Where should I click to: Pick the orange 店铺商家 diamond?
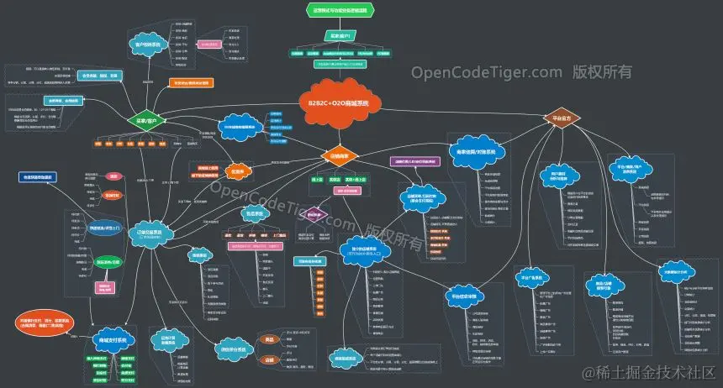coord(340,156)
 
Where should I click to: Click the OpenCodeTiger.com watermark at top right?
coord(521,72)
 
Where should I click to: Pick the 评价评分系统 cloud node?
coord(238,350)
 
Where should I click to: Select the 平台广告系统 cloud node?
coord(532,279)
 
